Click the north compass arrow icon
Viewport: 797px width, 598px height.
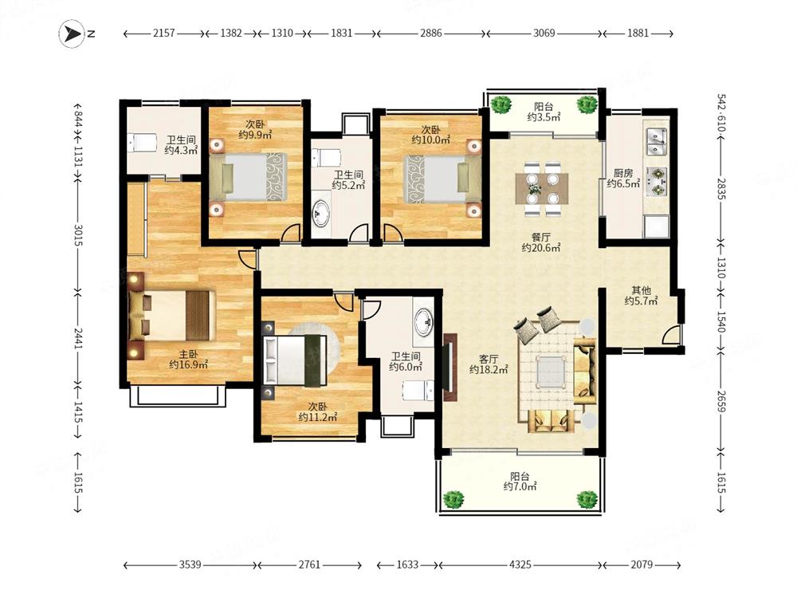click(x=72, y=34)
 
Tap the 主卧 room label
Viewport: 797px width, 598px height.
click(x=188, y=355)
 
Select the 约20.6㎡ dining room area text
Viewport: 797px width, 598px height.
click(x=541, y=248)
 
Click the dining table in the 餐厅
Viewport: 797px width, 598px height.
click(x=542, y=189)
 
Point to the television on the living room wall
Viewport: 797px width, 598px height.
click(x=450, y=367)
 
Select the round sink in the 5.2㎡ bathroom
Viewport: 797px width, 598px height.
click(x=320, y=213)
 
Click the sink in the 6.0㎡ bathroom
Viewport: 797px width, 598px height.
click(x=423, y=322)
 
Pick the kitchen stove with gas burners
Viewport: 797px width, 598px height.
click(x=657, y=182)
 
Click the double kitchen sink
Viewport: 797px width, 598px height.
click(x=656, y=142)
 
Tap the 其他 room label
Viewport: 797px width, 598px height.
click(x=641, y=290)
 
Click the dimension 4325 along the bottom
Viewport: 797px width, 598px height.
click(x=520, y=565)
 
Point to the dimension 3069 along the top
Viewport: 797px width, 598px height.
click(x=544, y=33)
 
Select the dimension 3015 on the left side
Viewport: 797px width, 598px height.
click(x=78, y=235)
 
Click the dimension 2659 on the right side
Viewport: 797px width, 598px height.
click(x=720, y=400)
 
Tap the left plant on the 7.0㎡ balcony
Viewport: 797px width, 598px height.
click(x=453, y=498)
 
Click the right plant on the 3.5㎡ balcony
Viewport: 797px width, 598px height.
click(x=587, y=104)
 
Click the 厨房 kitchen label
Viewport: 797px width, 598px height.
click(x=622, y=173)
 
